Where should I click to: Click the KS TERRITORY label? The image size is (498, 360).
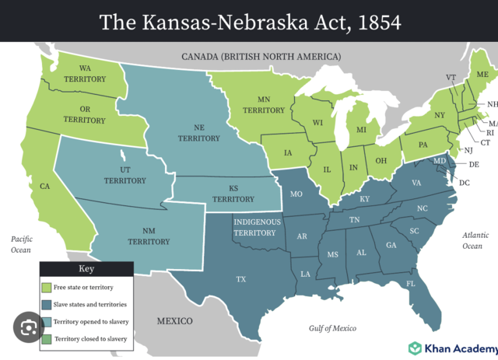[233, 194]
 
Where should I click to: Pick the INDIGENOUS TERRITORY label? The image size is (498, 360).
[255, 227]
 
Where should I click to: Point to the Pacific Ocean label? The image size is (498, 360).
[20, 244]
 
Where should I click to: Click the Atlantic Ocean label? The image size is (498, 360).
[472, 240]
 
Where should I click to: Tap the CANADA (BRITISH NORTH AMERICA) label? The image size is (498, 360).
[261, 57]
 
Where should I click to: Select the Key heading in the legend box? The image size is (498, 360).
[86, 269]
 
